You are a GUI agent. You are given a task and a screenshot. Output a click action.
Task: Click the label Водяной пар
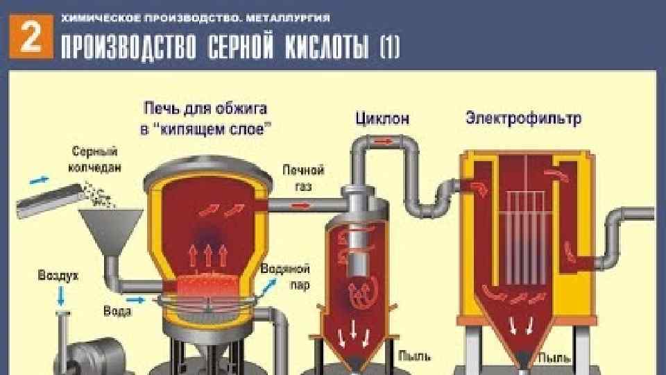285,276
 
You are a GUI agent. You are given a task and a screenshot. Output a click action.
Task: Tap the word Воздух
58,276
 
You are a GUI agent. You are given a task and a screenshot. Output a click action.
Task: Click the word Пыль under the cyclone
415,357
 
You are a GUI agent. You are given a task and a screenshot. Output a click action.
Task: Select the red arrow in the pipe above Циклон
382,142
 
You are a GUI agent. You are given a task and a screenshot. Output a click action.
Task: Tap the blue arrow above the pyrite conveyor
38,180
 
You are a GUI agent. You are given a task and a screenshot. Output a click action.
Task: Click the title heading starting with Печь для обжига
205,118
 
